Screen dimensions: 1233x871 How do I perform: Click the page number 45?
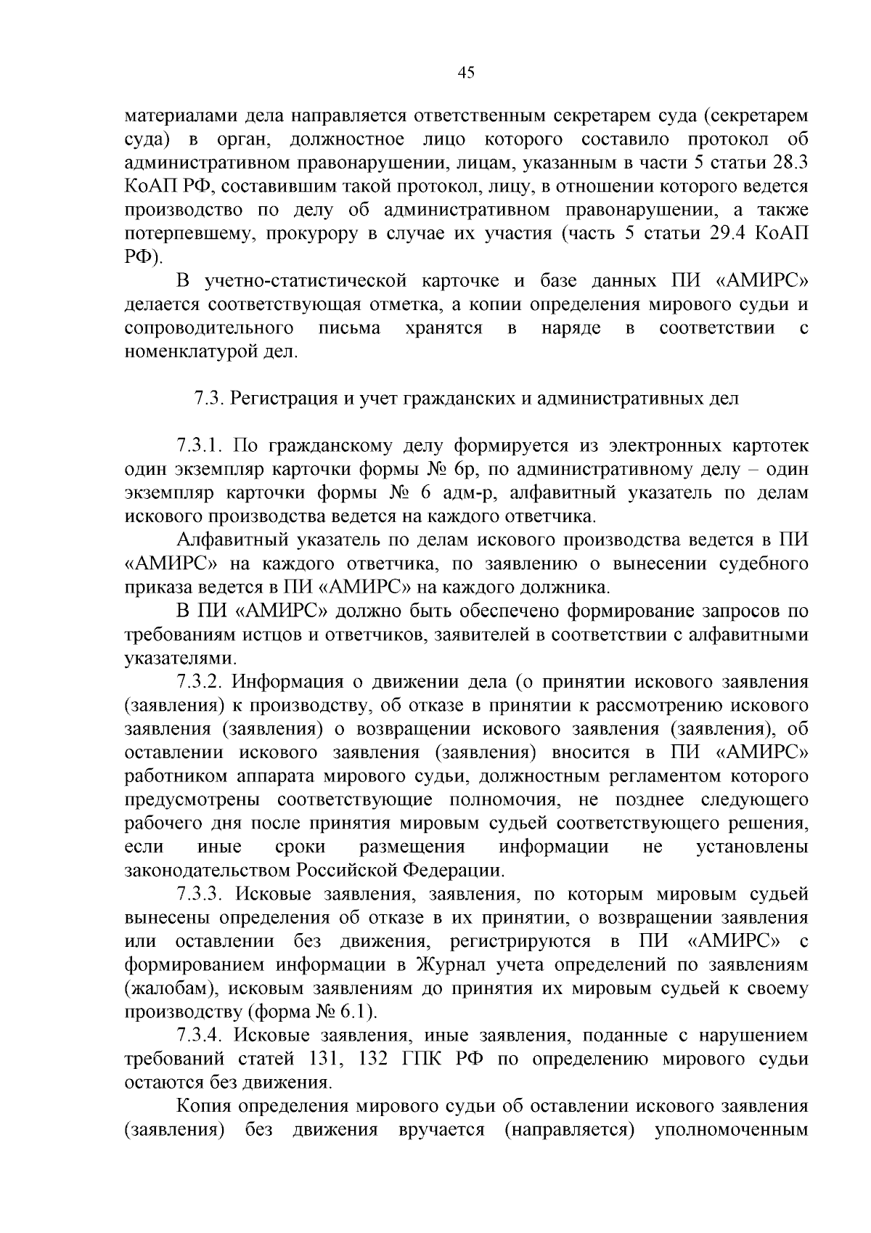(x=466, y=73)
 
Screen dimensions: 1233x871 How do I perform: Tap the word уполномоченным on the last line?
(x=732, y=1131)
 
